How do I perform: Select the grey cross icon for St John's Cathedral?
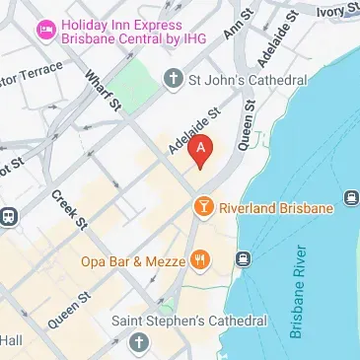coord(175,77)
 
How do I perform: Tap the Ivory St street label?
coord(336,10)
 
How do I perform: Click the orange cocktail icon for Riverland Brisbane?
coord(202,206)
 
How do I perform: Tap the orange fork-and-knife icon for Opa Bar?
coord(201,260)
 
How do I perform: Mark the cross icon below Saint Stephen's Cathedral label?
coord(138,341)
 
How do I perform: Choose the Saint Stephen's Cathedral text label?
coord(189,322)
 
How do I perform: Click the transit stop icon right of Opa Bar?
coord(243,259)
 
